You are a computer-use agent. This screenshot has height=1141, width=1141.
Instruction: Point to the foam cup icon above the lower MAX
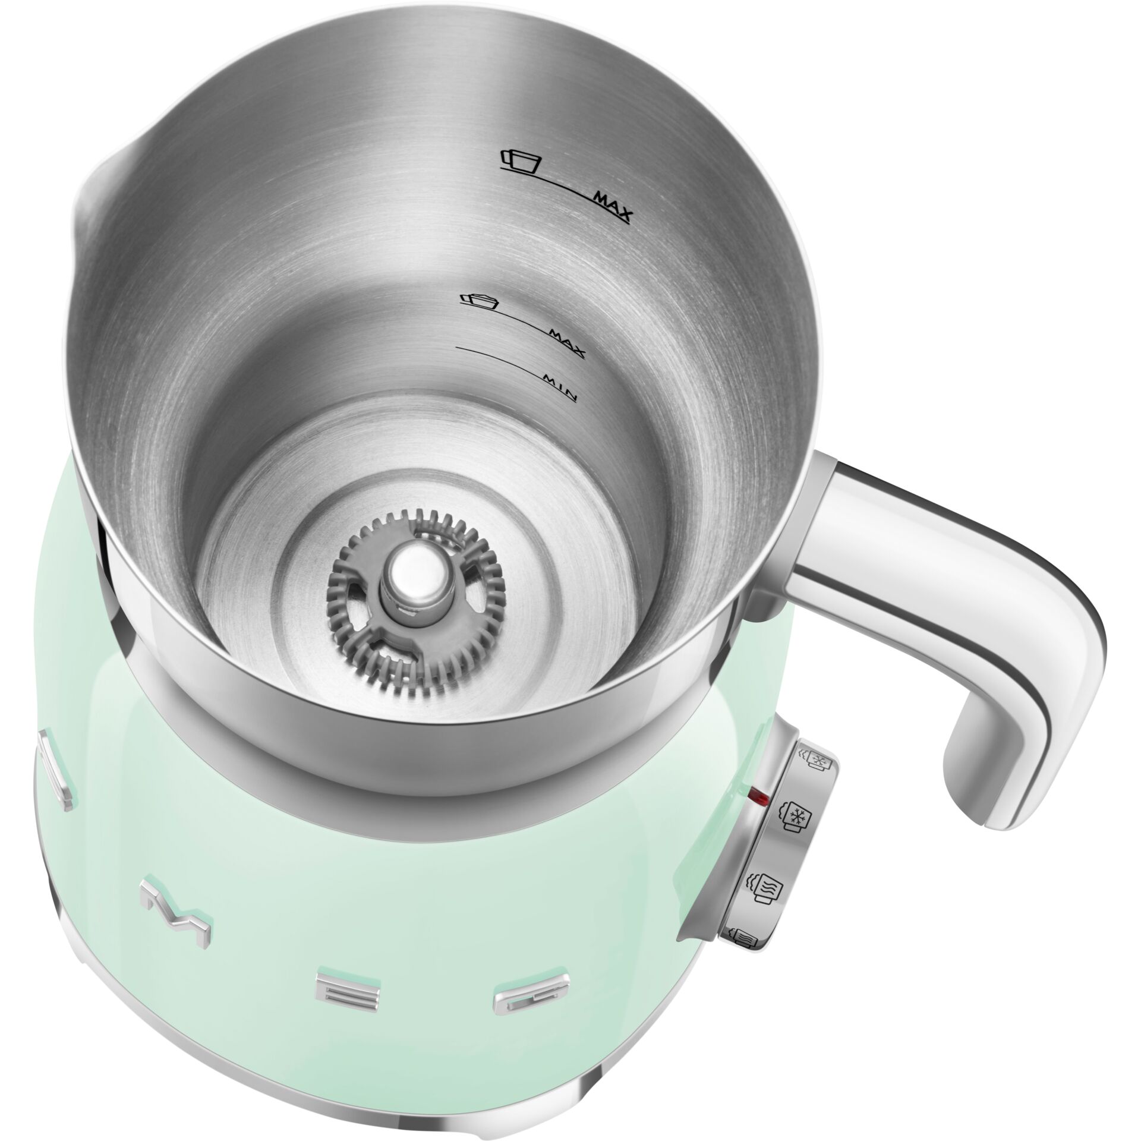tap(480, 300)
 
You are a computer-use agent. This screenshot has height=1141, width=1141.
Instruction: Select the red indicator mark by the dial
tap(758, 795)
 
